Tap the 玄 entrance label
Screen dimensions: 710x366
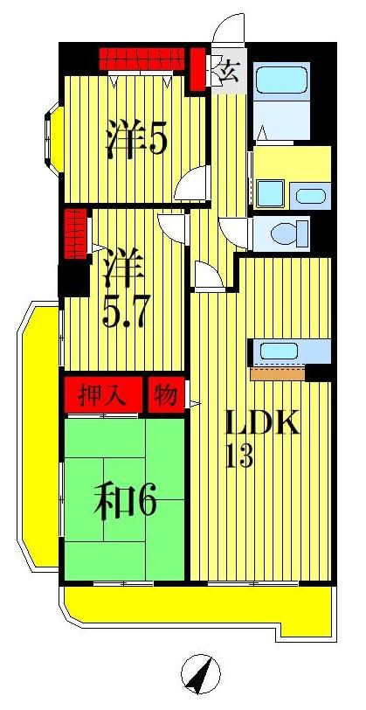click(x=231, y=72)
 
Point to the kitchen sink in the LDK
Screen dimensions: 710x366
click(x=279, y=352)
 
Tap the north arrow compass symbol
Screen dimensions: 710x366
click(x=201, y=674)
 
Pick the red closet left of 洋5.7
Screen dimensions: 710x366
click(x=75, y=233)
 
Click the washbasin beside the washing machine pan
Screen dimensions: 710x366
click(x=307, y=194)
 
